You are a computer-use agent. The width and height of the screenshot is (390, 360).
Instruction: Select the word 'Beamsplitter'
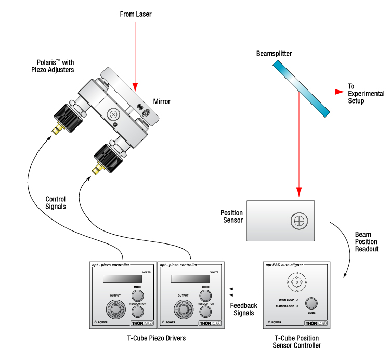[x=274, y=54]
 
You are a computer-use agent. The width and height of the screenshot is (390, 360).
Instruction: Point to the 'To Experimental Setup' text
[x=366, y=94]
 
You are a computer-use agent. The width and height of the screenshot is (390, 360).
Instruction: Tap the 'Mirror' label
[x=162, y=102]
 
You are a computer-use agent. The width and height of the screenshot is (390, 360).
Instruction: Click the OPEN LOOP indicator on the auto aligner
[x=297, y=300]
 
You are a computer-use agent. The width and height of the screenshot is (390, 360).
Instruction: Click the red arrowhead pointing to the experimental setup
[x=339, y=92]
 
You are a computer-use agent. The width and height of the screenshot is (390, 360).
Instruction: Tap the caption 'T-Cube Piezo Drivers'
[x=157, y=339]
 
